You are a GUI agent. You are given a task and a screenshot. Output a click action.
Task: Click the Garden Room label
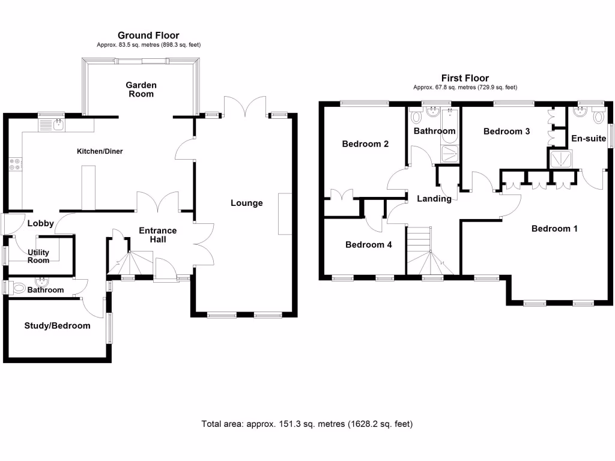(140, 89)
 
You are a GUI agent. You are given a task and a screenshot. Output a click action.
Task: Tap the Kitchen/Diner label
(99, 151)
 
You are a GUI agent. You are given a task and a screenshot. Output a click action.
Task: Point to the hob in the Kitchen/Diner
(14, 164)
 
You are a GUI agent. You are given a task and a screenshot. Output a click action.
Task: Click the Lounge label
(247, 203)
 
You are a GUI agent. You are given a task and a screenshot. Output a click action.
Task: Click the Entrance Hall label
(157, 235)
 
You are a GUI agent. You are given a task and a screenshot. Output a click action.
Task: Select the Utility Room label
(38, 256)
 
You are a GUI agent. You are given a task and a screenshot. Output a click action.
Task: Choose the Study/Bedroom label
(57, 326)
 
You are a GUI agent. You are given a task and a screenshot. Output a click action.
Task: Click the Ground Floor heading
(148, 36)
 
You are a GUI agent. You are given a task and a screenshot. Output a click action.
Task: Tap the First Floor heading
(465, 78)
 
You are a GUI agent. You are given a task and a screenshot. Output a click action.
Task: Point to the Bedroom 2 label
(365, 144)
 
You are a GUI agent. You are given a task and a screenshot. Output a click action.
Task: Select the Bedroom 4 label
(364, 245)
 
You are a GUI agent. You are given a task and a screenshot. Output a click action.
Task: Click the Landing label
(434, 199)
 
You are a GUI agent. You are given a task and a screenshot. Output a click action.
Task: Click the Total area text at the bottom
(307, 424)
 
